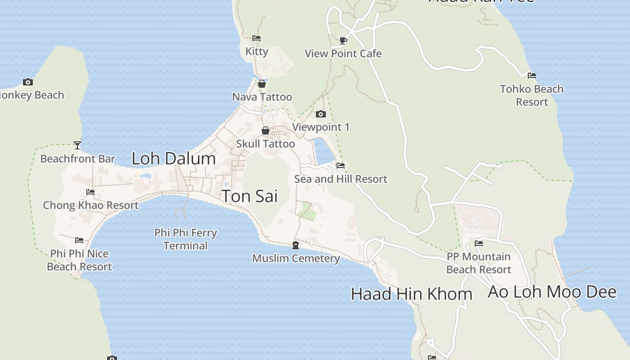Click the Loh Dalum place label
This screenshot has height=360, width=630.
(174, 158)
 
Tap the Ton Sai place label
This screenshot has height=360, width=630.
(250, 196)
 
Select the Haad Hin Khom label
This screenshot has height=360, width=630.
(411, 294)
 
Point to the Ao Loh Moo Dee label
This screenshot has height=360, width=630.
(552, 292)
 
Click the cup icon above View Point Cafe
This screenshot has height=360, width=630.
(343, 40)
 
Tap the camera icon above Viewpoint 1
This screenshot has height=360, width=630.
(320, 114)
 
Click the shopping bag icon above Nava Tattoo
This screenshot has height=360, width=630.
(262, 84)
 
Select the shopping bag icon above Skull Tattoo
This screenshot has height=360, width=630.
(265, 130)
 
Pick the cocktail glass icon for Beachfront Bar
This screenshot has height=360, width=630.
(77, 145)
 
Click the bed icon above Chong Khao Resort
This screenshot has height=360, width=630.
(90, 192)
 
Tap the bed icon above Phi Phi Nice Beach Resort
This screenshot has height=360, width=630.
(79, 240)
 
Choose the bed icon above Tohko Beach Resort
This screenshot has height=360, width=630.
(532, 76)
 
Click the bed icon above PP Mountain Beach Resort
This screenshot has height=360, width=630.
(479, 243)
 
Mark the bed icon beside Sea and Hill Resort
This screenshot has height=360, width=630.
(341, 166)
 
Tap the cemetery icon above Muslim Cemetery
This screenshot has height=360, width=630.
(296, 245)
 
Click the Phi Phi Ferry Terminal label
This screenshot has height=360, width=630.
(185, 239)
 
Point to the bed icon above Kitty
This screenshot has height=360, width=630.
(256, 38)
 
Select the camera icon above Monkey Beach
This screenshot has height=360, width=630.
(28, 82)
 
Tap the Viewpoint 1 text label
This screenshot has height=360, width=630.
(321, 127)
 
